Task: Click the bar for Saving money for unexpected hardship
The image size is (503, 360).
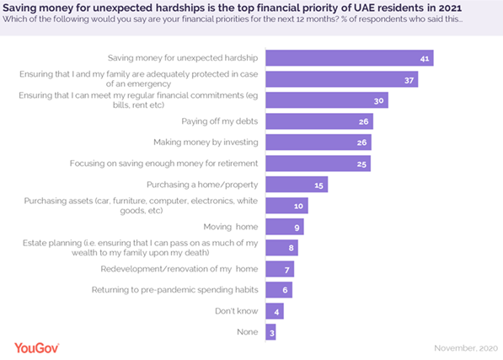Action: pos(349,58)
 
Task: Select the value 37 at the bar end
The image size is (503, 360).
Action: pos(409,79)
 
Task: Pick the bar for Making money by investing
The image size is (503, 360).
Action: pos(318,142)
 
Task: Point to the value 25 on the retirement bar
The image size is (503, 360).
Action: pos(360,164)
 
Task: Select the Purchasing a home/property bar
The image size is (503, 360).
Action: pos(296,185)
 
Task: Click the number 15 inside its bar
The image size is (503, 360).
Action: pos(318,185)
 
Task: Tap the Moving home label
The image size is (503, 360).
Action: pos(231,227)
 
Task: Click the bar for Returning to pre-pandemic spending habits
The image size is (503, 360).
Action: pos(278,290)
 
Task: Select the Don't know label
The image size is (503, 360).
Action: pos(235,311)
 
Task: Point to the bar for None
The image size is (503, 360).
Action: pos(270,332)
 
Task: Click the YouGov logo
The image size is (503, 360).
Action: pos(45,346)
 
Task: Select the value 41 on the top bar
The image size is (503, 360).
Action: pos(425,58)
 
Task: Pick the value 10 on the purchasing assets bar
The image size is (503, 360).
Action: pos(298,206)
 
